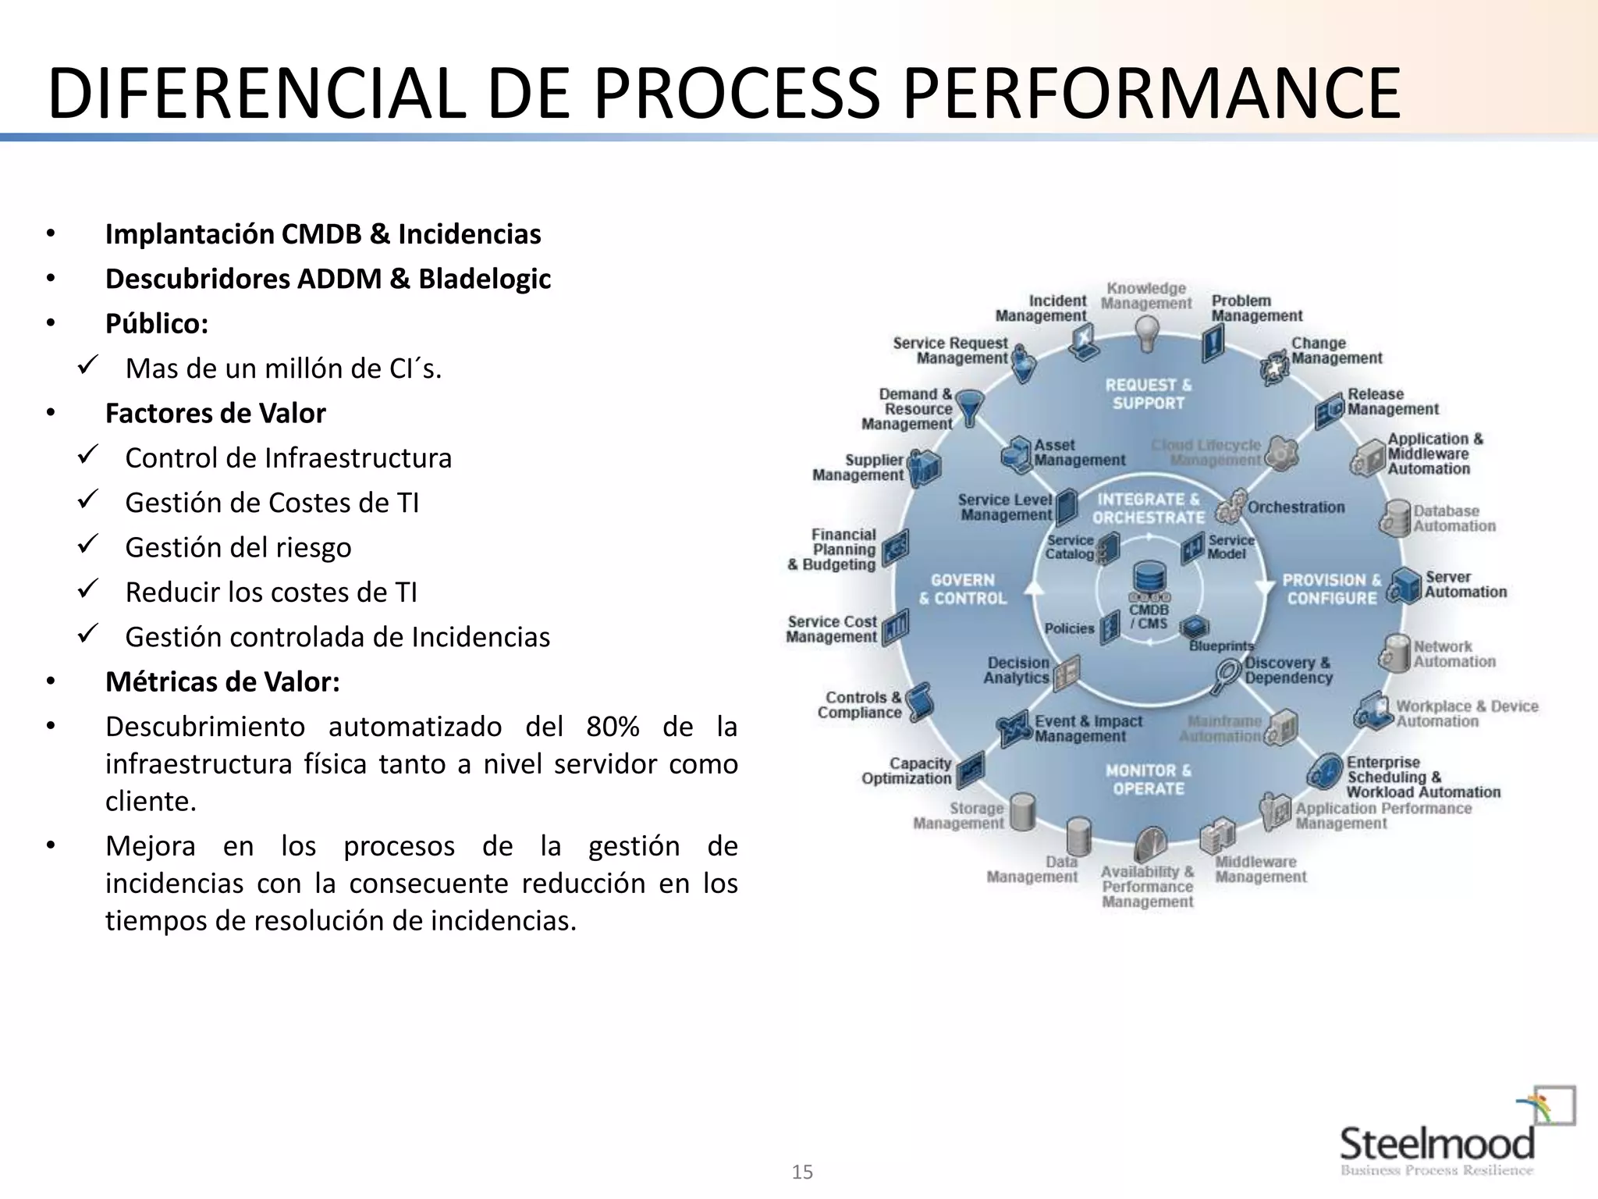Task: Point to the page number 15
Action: coord(801,1172)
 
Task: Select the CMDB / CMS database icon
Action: coord(1149,579)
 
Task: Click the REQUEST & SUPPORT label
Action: coord(1148,394)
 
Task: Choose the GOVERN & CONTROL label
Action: coord(963,589)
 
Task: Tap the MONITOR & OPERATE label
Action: coord(1148,779)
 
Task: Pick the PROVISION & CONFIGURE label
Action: coord(1331,589)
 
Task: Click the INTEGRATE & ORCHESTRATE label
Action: coord(1148,508)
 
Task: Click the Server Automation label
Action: coord(1465,584)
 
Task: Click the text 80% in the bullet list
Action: coord(613,727)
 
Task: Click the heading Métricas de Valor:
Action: coord(222,681)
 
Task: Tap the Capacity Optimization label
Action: coord(907,770)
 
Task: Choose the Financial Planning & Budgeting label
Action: coord(833,550)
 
